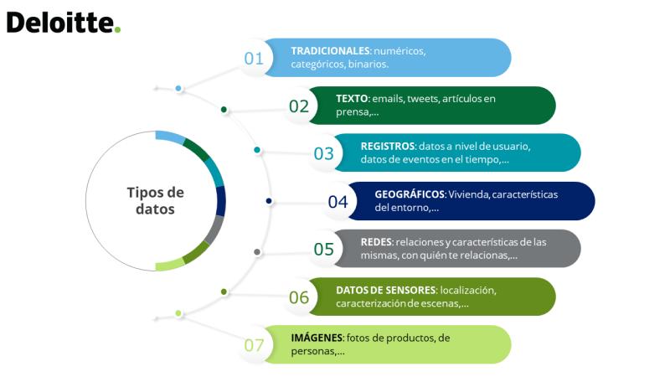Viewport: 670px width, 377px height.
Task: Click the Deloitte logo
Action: [64, 23]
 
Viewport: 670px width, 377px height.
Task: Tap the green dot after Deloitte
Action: [117, 29]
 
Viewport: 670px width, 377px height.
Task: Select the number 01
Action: [254, 59]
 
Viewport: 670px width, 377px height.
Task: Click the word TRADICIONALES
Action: [330, 51]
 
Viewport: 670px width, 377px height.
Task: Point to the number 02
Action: [299, 106]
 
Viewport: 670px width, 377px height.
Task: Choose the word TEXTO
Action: [352, 99]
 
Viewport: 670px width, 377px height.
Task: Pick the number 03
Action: [323, 153]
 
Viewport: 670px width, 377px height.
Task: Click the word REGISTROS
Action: [388, 146]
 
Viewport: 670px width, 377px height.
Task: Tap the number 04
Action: [338, 202]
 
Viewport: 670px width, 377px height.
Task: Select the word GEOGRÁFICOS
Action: [410, 194]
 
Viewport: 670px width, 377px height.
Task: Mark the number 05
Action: [323, 249]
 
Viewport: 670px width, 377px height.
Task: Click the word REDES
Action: [376, 242]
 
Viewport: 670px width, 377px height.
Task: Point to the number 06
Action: [299, 297]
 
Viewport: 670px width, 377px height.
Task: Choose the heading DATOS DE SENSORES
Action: [386, 290]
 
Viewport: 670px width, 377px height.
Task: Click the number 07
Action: [254, 345]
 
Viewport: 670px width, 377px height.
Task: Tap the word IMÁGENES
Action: [317, 338]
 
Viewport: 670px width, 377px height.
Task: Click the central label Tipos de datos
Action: [156, 201]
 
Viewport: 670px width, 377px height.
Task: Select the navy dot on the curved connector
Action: [269, 201]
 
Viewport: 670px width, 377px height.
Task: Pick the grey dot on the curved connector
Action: [257, 252]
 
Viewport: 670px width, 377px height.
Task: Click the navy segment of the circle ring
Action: [221, 201]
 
